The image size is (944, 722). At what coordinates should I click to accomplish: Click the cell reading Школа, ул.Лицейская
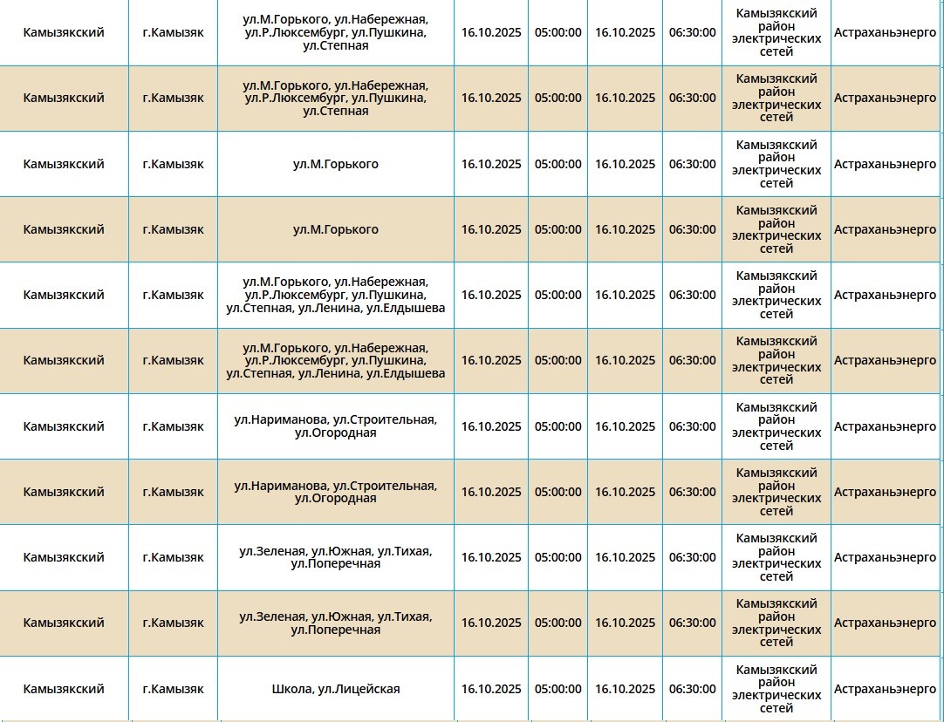point(336,689)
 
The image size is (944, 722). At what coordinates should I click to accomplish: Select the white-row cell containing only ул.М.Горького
point(336,164)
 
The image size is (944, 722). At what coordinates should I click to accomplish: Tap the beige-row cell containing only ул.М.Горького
point(336,229)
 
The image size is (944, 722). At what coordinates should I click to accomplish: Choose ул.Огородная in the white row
point(336,433)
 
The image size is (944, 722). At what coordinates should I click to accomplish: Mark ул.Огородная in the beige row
point(336,498)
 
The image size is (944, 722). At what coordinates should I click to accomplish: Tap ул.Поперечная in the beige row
point(336,630)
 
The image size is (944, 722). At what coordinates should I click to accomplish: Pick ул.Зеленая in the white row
point(272,551)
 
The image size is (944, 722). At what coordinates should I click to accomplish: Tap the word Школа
point(291,689)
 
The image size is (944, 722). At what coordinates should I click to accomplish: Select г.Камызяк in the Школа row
point(173,689)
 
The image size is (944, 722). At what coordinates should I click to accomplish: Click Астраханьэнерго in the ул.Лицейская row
point(885,689)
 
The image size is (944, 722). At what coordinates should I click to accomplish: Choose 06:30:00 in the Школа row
point(692,689)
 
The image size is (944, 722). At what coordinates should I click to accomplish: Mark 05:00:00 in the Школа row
point(558,689)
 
